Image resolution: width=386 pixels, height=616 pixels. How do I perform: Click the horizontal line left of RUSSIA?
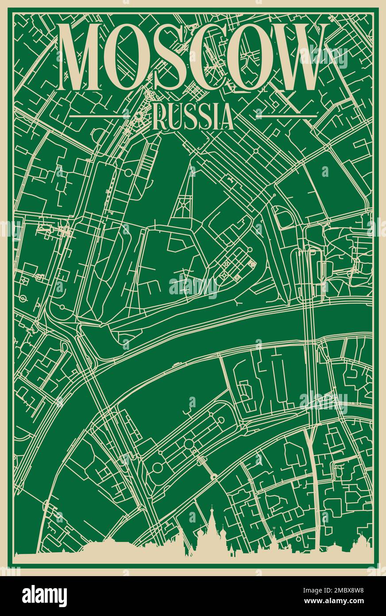100,116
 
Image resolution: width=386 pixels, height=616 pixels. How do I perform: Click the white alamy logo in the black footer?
44,596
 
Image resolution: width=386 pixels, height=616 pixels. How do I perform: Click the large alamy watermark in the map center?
193,286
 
